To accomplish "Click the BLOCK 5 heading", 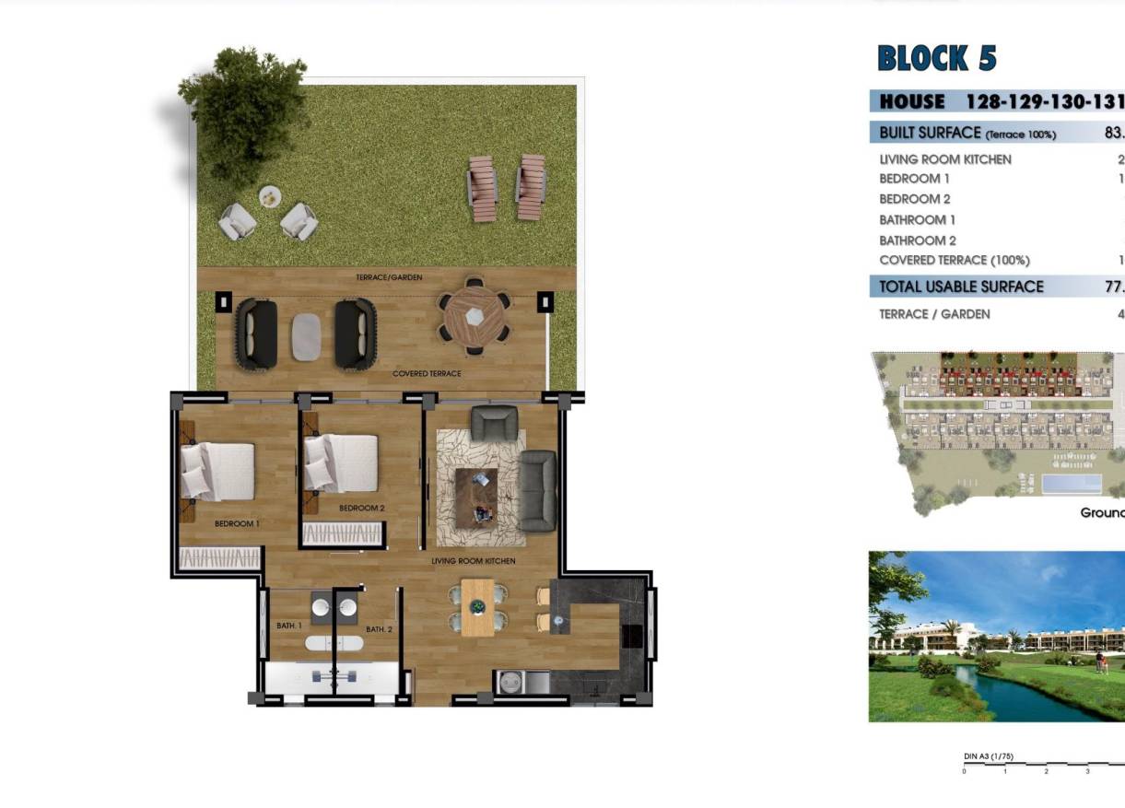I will point(937,58).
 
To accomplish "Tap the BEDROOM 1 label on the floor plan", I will point(237,523).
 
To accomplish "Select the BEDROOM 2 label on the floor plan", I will point(361,508).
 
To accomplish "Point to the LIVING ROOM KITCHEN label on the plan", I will point(474,560).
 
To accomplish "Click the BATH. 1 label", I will point(289,626).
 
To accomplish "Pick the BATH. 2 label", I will point(379,629).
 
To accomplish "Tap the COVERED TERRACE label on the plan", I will point(427,373).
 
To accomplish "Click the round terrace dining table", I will point(474,315).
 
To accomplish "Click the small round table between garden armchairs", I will point(270,195).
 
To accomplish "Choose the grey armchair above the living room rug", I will point(494,423).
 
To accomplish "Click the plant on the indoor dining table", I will point(477,607).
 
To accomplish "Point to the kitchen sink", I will point(510,682).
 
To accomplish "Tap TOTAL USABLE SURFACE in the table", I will point(961,287).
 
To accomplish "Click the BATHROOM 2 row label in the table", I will point(917,240).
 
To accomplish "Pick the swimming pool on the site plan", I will point(1072,484).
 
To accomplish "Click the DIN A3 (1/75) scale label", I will point(988,756).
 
